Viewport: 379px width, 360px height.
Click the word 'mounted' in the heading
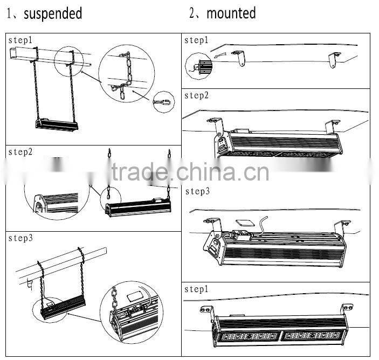click(231, 13)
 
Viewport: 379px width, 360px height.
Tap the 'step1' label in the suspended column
click(20, 41)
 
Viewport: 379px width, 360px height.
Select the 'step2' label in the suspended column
click(20, 153)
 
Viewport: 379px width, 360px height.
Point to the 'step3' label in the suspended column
click(20, 238)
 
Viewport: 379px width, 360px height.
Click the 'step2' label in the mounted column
click(196, 96)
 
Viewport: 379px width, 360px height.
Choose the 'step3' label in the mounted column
click(196, 191)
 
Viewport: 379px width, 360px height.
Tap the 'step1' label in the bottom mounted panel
click(196, 289)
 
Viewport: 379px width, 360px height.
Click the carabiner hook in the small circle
click(162, 101)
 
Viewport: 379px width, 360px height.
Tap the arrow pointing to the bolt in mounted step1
click(220, 56)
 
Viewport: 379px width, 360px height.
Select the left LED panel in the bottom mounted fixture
click(248, 336)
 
